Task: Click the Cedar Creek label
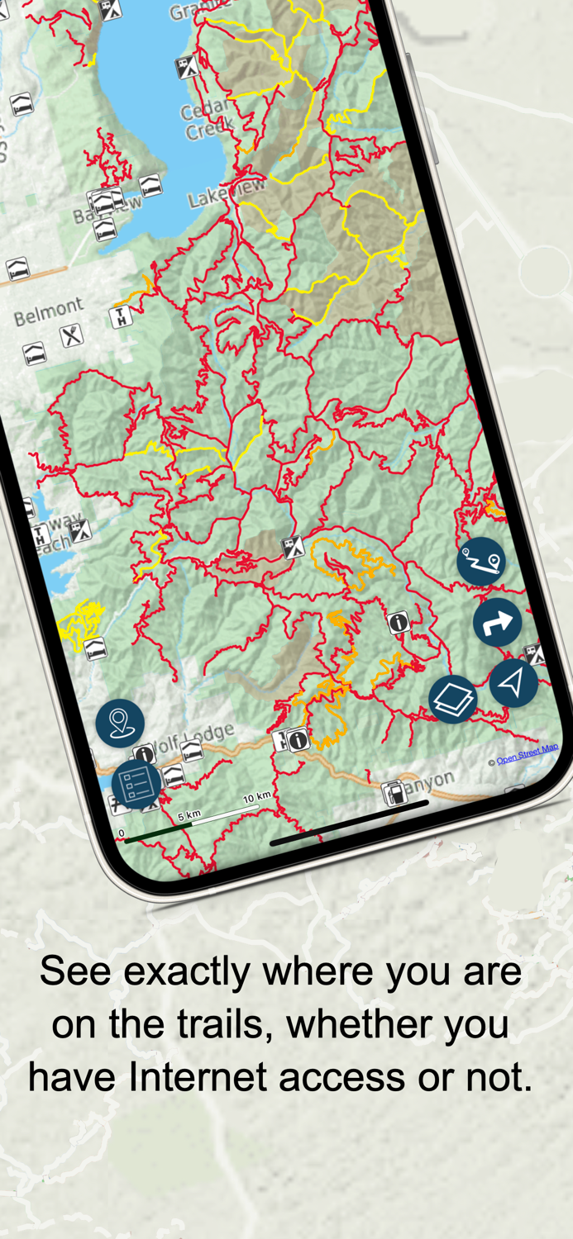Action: pos(208,122)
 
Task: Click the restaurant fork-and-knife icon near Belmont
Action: pos(72,335)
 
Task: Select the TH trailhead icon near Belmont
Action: pos(121,316)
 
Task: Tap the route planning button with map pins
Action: pos(481,562)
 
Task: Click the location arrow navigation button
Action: pos(513,682)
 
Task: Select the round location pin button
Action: pos(120,722)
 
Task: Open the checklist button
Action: pos(136,784)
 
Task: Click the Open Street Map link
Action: pos(528,753)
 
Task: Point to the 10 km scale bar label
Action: pos(257,797)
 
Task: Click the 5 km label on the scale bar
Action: pos(189,815)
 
